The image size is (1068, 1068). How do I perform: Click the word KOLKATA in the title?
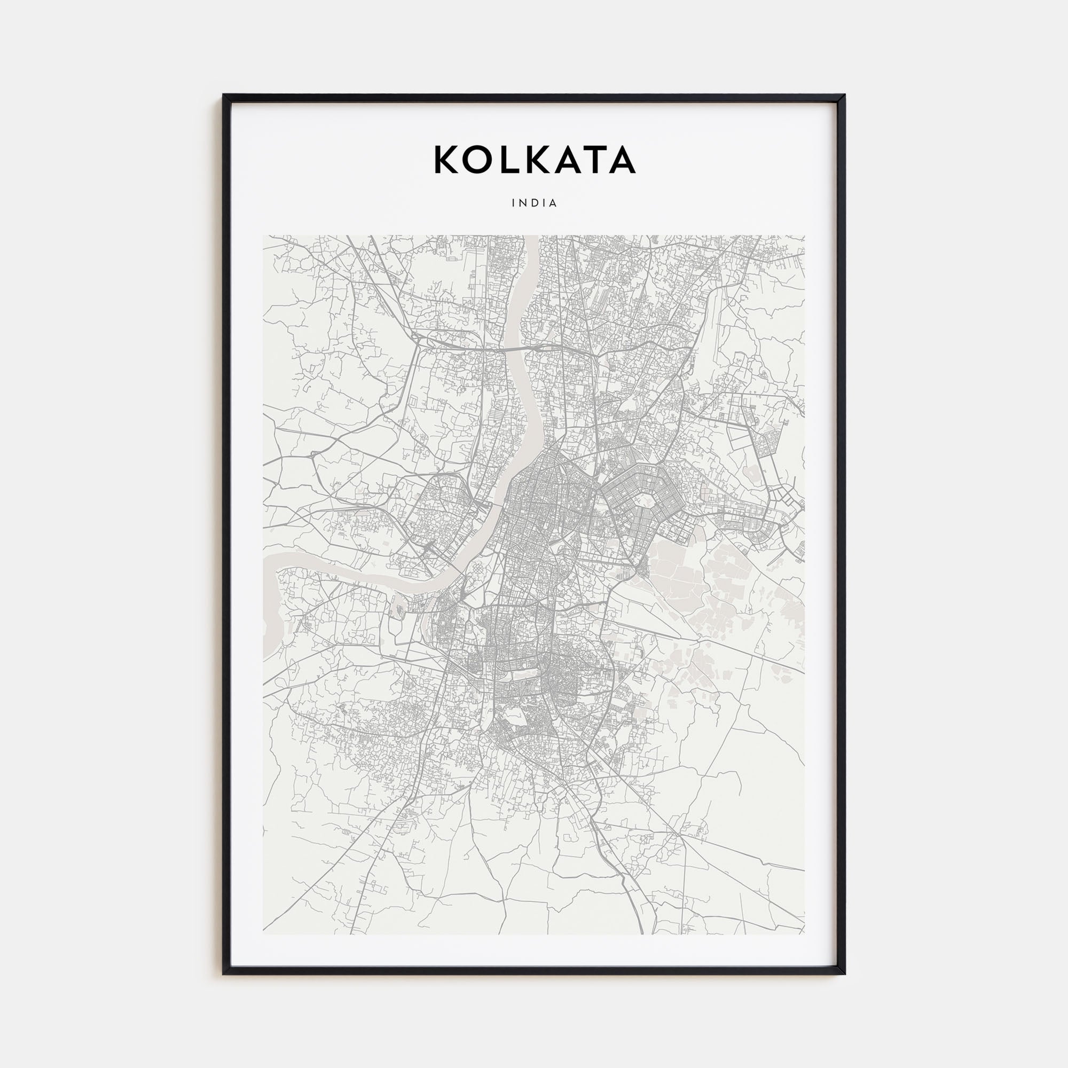[534, 160]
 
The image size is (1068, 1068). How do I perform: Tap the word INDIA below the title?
[534, 203]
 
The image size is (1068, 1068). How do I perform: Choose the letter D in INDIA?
[534, 203]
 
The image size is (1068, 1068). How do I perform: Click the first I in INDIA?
[513, 203]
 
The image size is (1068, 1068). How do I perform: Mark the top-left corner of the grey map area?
[264, 236]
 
